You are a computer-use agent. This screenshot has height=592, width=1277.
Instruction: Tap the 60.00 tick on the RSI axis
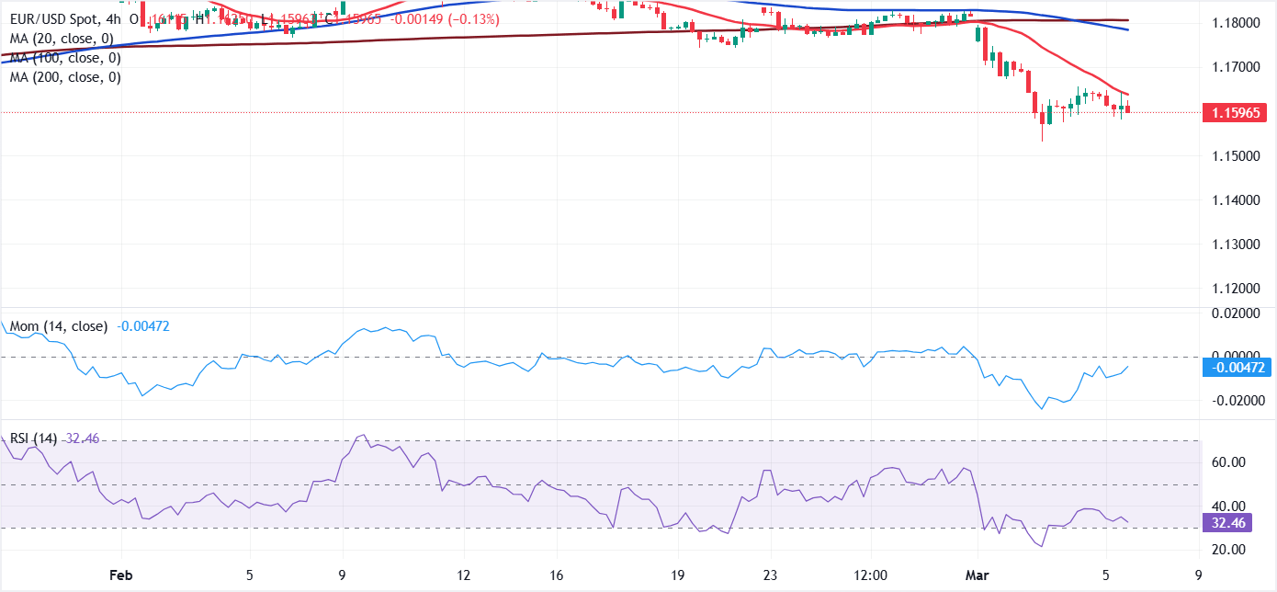point(1227,462)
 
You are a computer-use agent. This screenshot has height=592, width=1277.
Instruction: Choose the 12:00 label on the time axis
point(870,575)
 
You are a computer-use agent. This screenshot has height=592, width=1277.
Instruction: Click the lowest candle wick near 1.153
point(1042,138)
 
